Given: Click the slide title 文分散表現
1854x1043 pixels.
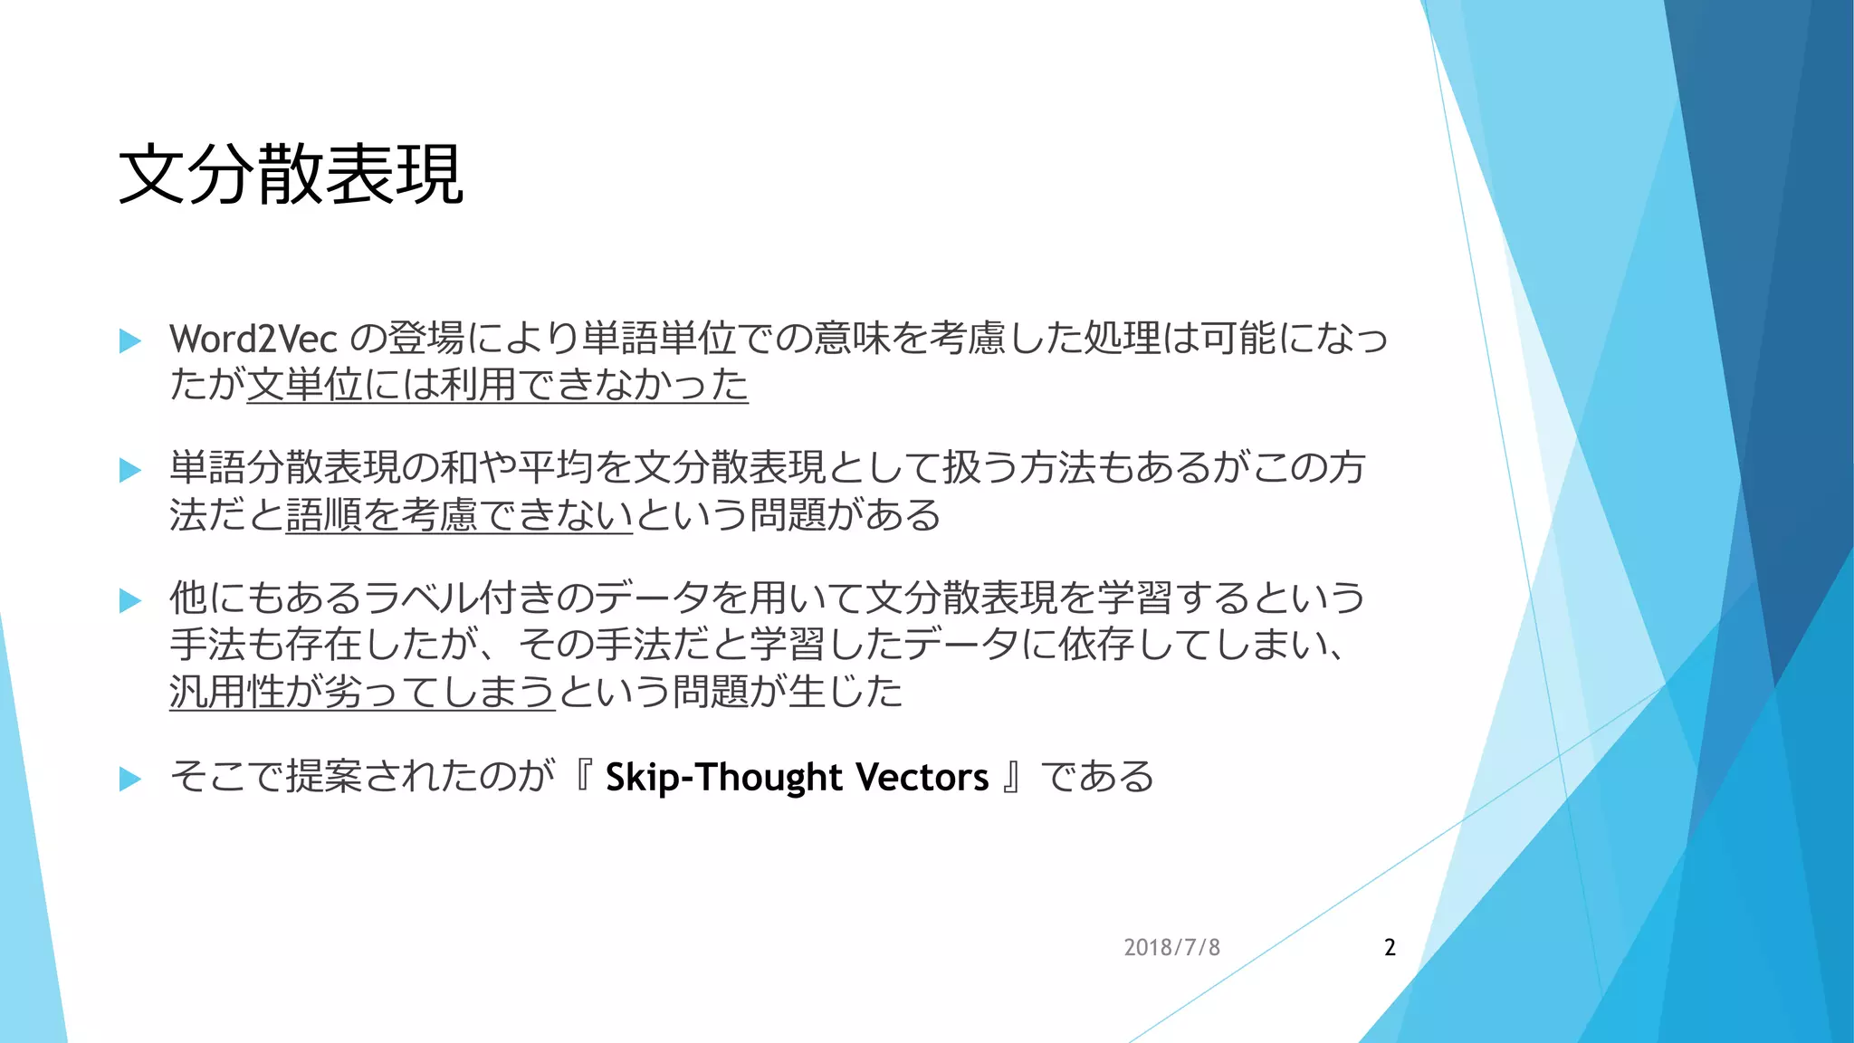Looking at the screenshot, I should click(x=291, y=175).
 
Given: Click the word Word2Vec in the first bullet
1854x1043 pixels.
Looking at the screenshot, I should click(x=253, y=340).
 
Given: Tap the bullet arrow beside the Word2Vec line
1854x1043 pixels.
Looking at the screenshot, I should click(x=130, y=341).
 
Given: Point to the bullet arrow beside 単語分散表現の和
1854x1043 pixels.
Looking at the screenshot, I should click(x=130, y=470).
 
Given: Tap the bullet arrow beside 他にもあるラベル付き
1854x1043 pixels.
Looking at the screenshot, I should click(x=130, y=600).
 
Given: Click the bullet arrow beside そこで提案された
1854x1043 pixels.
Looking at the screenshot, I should click(x=130, y=779).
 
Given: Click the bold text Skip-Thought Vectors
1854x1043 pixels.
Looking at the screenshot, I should click(x=797, y=778).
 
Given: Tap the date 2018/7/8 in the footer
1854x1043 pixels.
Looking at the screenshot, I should click(x=1171, y=948).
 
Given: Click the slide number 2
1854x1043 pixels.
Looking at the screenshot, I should click(x=1390, y=948).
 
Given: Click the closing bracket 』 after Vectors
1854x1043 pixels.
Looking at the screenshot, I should click(x=1012, y=778).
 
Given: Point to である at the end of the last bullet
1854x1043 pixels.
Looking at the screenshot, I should click(x=1097, y=778).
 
